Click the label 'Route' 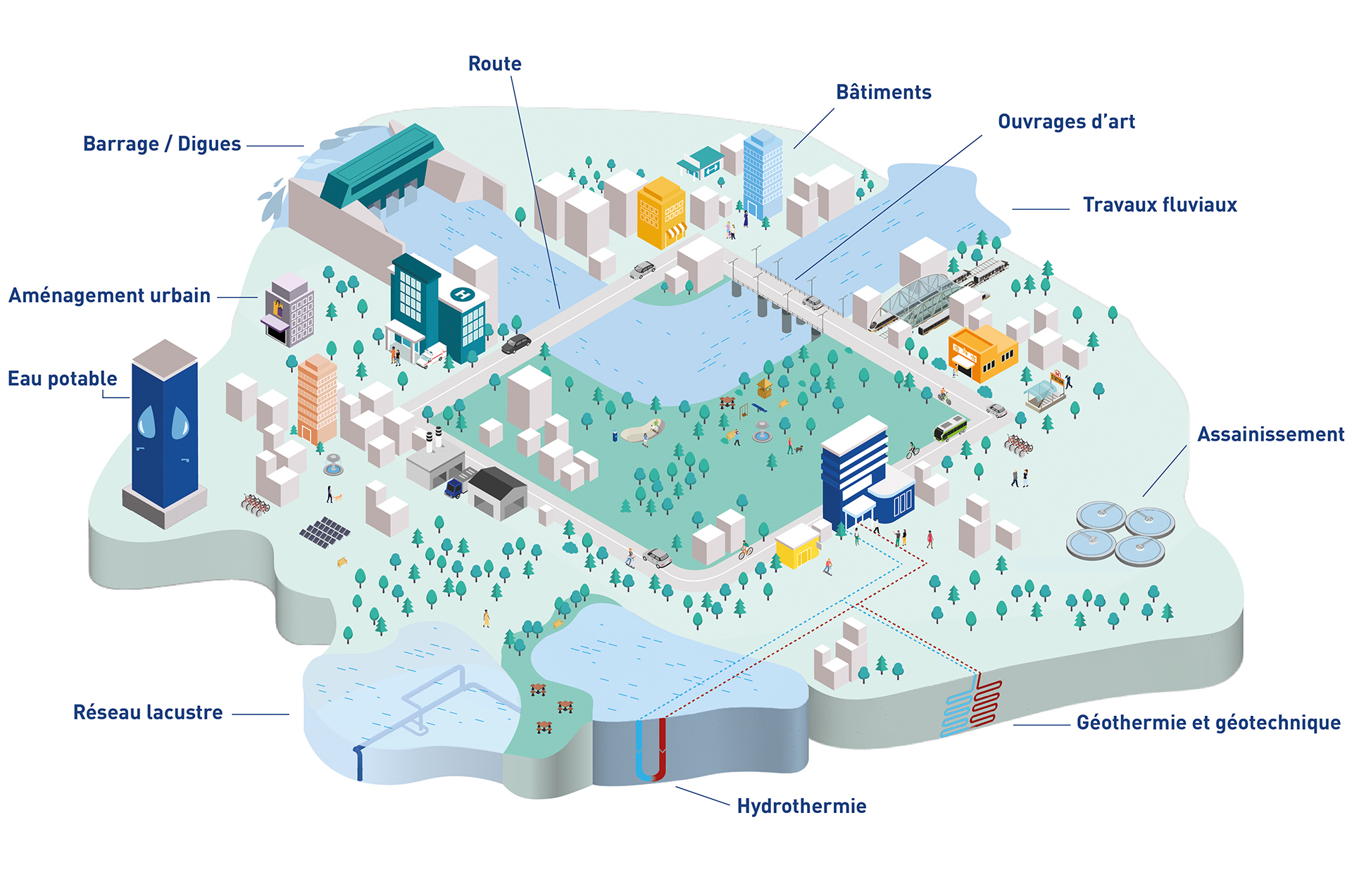pos(495,63)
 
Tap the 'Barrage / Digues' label pos(162,144)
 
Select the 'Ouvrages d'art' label pos(1066,122)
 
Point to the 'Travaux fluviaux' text pos(1160,205)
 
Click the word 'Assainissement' pos(1271,434)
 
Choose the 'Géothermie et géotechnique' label pos(1208,723)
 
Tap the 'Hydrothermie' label pos(801,806)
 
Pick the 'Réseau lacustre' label pos(148,712)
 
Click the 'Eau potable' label pos(63,379)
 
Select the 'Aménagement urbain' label pos(109,296)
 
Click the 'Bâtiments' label pos(884,92)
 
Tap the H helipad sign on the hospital pos(462,294)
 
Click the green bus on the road pos(950,427)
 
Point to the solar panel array pos(325,532)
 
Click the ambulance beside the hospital pos(431,355)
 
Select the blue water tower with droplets pos(165,433)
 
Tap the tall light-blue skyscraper pos(763,173)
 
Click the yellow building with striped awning pos(661,213)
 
